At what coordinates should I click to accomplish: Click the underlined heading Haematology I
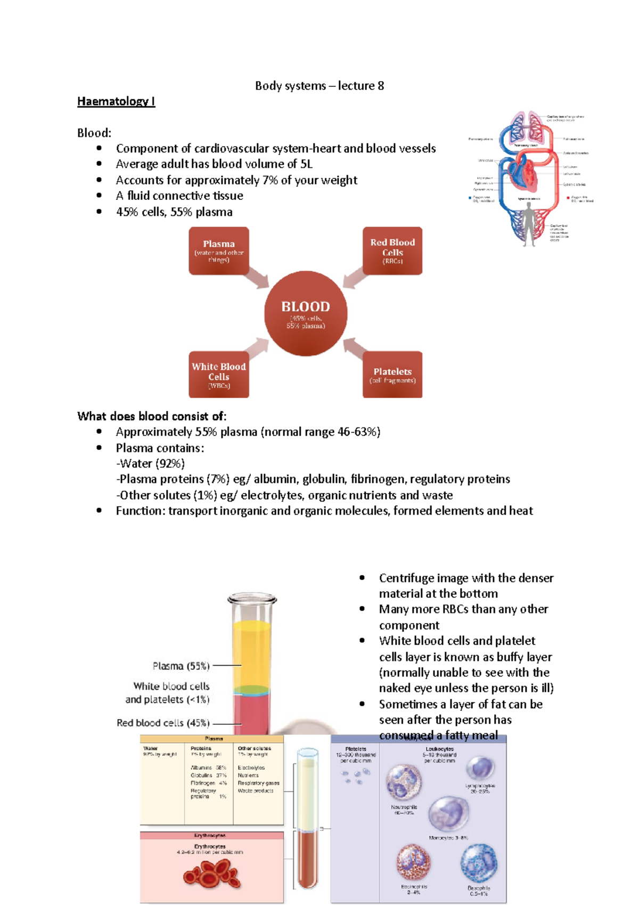click(x=116, y=101)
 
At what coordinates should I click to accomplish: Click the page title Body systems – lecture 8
click(x=319, y=86)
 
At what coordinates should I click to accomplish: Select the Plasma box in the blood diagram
click(x=219, y=251)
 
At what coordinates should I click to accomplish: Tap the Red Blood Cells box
click(x=392, y=251)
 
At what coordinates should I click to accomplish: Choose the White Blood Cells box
click(x=219, y=375)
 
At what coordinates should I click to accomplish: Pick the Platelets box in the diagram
click(x=392, y=375)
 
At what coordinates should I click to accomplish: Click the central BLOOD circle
click(x=306, y=313)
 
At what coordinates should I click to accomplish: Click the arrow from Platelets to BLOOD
click(x=354, y=348)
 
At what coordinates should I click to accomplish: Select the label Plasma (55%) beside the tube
click(x=181, y=666)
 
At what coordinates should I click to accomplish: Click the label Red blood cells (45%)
click(x=163, y=723)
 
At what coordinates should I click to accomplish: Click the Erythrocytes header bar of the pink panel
click(x=211, y=835)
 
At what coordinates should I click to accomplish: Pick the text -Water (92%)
click(x=151, y=463)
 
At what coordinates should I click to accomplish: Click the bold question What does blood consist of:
click(x=152, y=416)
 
